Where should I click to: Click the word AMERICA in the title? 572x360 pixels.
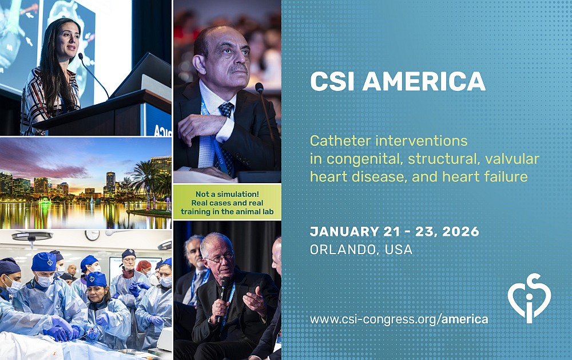point(423,81)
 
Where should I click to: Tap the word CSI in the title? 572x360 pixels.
point(332,81)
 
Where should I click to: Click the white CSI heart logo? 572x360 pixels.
point(529,298)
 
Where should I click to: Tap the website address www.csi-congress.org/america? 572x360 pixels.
point(399,319)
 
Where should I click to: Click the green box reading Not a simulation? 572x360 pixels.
point(227,203)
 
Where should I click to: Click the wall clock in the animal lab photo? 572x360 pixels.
point(92,235)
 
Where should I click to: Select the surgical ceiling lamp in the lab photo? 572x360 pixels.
point(32,236)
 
